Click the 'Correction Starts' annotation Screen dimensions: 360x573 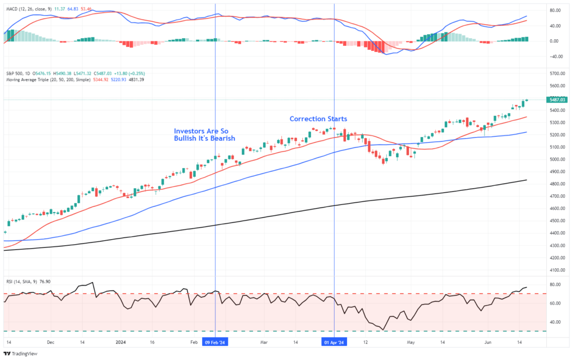[318, 119]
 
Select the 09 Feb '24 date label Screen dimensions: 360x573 [215, 342]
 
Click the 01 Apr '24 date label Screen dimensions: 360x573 [334, 342]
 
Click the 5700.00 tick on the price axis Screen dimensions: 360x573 [557, 74]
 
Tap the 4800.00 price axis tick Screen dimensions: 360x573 [557, 184]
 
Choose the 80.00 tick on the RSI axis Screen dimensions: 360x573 [556, 285]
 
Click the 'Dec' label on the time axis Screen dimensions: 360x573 [51, 342]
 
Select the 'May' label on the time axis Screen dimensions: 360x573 [411, 342]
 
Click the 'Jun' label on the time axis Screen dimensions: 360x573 [489, 342]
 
